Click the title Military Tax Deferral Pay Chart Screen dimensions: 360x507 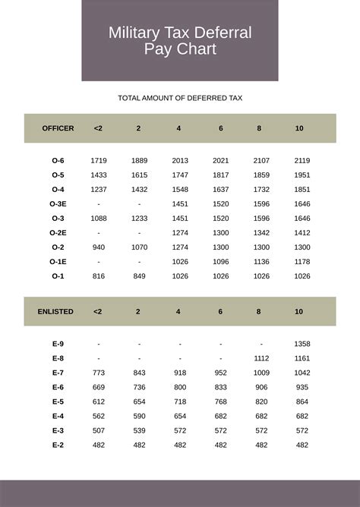[180, 41]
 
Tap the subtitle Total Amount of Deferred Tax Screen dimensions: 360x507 [180, 98]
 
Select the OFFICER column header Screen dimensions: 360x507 [58, 128]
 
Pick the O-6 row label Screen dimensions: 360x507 [58, 161]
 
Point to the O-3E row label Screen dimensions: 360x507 [58, 204]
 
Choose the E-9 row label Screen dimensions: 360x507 [58, 344]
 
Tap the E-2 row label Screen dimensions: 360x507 [58, 445]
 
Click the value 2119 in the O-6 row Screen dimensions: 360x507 [302, 161]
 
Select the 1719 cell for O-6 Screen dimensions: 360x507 [99, 161]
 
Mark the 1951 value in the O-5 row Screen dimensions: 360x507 [302, 175]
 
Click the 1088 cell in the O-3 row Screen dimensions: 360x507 [99, 219]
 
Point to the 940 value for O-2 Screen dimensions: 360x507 [99, 247]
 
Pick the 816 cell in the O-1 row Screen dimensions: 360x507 [99, 276]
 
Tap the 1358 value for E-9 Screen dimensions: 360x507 [302, 344]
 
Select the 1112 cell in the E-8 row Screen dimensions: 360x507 [261, 358]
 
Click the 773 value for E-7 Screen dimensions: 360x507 [99, 373]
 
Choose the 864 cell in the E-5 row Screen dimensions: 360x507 [302, 402]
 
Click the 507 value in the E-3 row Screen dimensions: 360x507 [99, 430]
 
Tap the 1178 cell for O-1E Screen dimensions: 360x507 [302, 262]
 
